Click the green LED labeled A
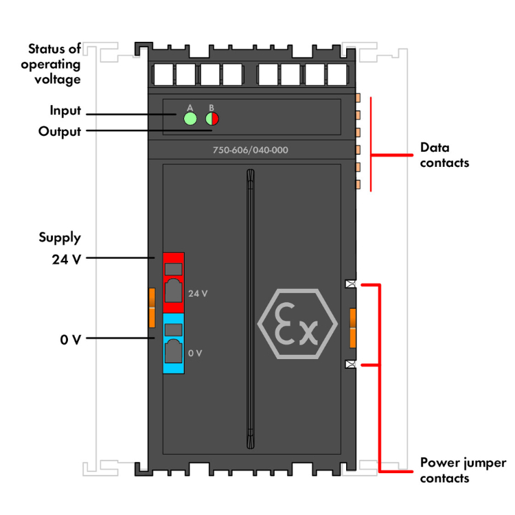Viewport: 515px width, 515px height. tap(190, 119)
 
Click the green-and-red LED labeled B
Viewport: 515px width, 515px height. tap(211, 119)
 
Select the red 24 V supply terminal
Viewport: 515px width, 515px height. tap(173, 282)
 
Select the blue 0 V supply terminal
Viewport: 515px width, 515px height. tap(173, 343)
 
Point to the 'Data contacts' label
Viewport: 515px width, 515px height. tap(444, 155)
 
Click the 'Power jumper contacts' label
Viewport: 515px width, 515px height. tap(463, 470)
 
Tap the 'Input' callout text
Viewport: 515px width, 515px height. tap(65, 111)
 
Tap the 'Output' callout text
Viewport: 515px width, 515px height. tap(60, 131)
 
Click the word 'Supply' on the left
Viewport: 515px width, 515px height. tap(60, 238)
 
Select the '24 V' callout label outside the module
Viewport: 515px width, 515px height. tap(66, 259)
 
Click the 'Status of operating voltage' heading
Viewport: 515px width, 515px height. tap(54, 64)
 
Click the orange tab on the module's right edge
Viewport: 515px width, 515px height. tap(353, 328)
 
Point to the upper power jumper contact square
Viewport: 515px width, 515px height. tap(350, 284)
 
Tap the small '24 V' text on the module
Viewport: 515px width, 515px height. tap(198, 293)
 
